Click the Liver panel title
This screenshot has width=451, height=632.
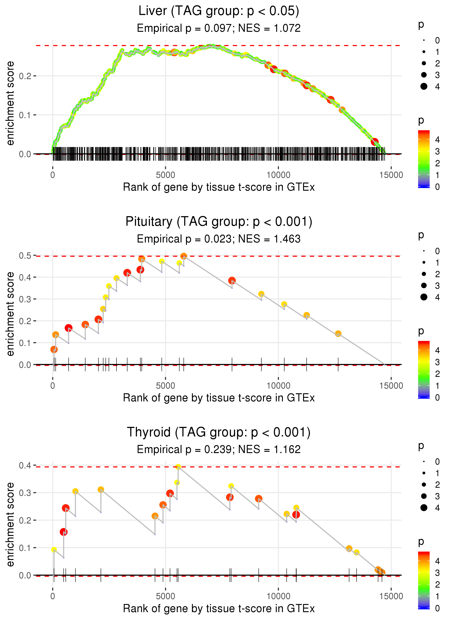click(219, 11)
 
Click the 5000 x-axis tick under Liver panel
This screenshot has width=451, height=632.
click(165, 175)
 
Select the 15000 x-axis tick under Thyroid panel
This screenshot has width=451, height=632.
click(391, 596)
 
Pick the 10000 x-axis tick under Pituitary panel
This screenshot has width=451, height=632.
click(278, 386)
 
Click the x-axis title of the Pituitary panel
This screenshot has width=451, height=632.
click(219, 398)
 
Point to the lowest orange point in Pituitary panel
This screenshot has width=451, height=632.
click(54, 349)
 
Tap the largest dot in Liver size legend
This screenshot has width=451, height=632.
click(424, 86)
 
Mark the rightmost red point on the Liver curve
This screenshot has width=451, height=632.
click(375, 142)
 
